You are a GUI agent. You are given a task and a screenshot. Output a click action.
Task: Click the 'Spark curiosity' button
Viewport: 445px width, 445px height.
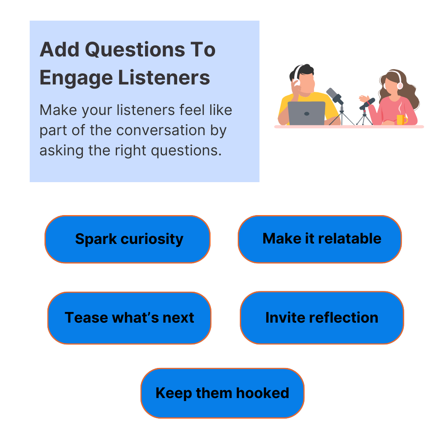(x=128, y=239)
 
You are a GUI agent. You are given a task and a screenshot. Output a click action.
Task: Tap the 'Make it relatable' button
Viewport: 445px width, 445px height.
(x=320, y=239)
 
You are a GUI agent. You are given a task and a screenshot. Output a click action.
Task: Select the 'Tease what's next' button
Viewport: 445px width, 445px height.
(x=129, y=318)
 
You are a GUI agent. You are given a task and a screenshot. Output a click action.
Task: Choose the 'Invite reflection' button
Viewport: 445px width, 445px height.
(x=322, y=317)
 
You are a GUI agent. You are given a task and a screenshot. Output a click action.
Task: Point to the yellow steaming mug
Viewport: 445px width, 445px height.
(x=400, y=119)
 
